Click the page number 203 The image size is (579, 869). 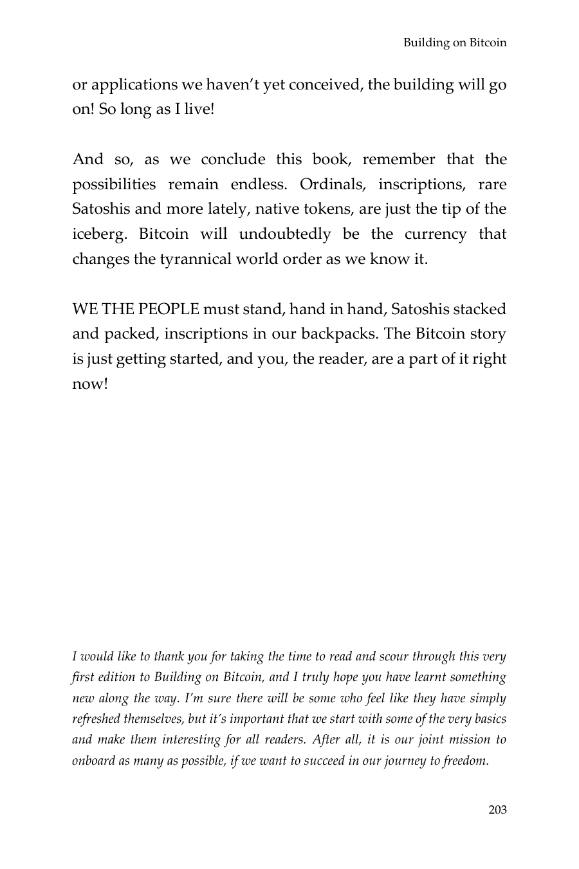pos(497,810)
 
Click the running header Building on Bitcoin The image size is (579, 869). pos(455,43)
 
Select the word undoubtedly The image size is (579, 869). pos(284,234)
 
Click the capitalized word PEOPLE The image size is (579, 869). pos(169,309)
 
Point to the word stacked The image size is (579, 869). pos(479,309)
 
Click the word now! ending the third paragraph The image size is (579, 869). pos(89,384)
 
